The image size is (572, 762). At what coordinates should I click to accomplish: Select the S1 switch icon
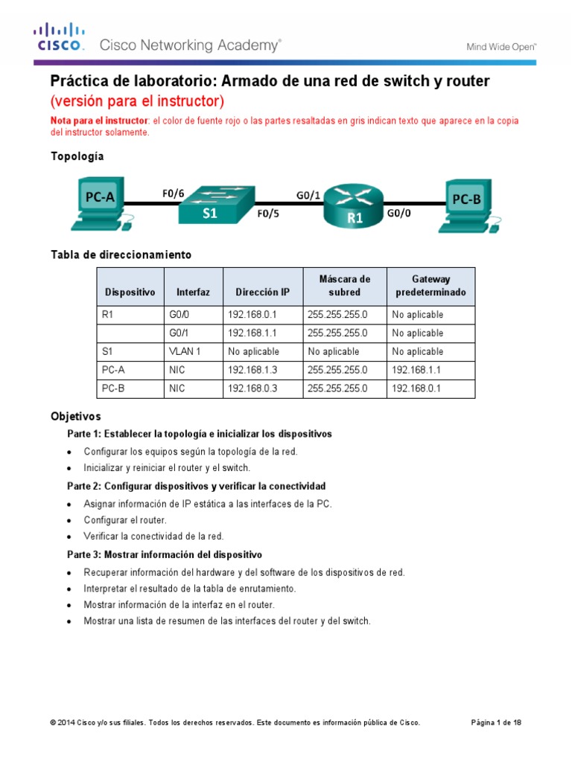tap(217, 202)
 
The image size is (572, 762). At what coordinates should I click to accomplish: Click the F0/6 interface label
tap(173, 193)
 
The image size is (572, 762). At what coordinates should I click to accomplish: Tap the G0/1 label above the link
tap(308, 195)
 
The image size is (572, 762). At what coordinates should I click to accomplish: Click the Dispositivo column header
tap(130, 292)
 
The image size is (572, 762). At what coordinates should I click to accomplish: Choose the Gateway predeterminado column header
tap(430, 286)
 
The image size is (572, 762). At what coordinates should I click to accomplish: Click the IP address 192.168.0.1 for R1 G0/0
tap(252, 315)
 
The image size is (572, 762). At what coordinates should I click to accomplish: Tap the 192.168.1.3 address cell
tap(252, 370)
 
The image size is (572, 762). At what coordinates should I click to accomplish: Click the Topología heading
tap(77, 156)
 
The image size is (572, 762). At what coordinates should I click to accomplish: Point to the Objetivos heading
tap(75, 417)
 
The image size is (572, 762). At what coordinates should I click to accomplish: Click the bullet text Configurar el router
tap(124, 520)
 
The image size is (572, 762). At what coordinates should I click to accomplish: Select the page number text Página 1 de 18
tap(497, 723)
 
